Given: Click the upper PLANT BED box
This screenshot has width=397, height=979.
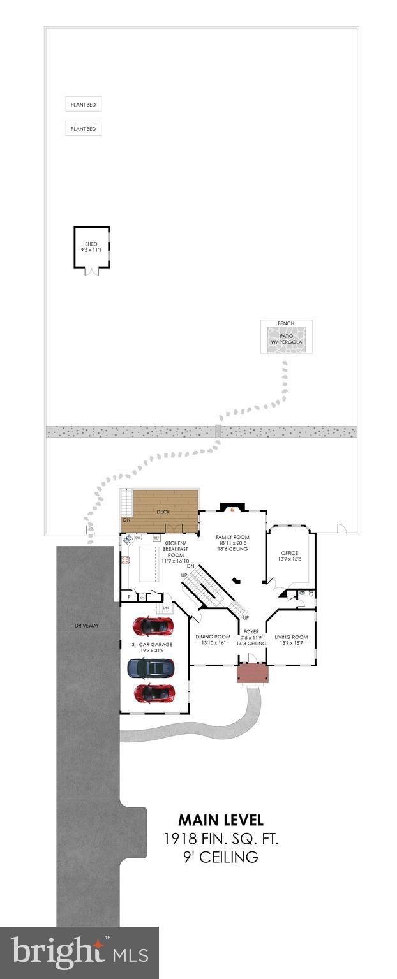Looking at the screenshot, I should [83, 105].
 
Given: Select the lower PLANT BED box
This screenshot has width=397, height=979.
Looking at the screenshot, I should [83, 129].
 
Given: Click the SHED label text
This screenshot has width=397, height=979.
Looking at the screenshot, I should [91, 244].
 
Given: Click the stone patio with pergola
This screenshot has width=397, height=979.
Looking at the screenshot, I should [286, 339].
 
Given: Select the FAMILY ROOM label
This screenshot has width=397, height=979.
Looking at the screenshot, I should [232, 537].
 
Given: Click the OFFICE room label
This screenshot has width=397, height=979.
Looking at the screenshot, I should [290, 553].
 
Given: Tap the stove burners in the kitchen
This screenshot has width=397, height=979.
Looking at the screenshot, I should [126, 561].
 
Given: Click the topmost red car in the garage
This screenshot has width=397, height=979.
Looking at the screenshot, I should [153, 626].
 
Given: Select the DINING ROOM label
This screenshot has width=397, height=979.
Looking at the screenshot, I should [213, 637].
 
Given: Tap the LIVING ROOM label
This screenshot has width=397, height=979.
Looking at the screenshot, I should [291, 637].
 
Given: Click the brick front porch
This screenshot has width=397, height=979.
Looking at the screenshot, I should [252, 674].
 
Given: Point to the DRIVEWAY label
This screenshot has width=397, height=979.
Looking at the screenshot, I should [87, 626].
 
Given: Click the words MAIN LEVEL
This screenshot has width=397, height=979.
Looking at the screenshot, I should [220, 820].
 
